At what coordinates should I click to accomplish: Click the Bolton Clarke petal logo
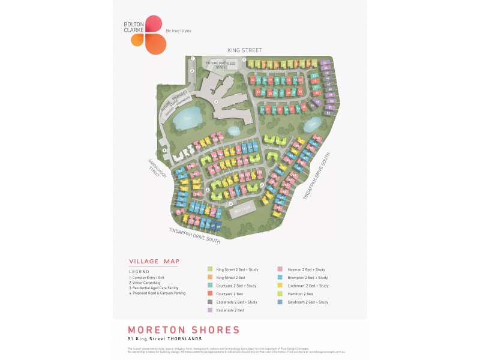(149, 35)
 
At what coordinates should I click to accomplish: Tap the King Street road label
(245, 50)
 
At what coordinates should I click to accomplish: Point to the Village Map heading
(154, 262)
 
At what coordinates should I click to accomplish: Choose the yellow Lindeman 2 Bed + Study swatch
(281, 286)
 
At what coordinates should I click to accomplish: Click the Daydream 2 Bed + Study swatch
(281, 302)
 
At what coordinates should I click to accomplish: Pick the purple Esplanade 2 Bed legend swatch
(209, 310)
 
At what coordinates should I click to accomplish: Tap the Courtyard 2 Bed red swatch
(209, 294)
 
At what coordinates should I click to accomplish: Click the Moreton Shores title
(184, 330)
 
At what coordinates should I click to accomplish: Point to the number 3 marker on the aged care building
(216, 101)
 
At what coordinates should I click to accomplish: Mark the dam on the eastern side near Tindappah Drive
(310, 125)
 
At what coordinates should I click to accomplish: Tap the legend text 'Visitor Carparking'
(148, 283)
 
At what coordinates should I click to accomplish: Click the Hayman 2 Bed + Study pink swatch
(281, 269)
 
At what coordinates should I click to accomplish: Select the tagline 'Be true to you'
(179, 31)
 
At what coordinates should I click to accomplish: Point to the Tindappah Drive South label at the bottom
(194, 235)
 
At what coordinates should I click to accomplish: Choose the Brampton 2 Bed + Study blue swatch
(281, 278)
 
